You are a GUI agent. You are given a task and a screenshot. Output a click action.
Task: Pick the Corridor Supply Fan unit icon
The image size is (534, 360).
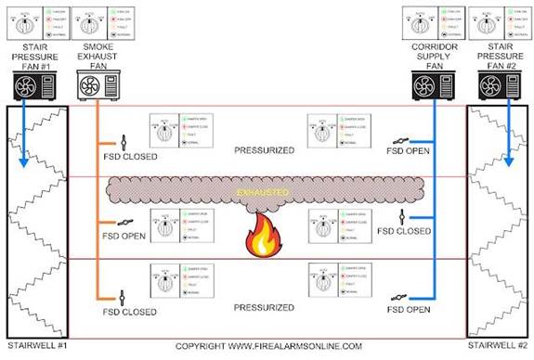(428, 86)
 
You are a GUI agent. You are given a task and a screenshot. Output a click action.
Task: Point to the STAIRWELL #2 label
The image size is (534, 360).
(500, 346)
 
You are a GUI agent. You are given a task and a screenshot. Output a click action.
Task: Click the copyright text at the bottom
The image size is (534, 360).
(269, 346)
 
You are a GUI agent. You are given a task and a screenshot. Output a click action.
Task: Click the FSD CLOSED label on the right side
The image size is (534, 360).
(410, 230)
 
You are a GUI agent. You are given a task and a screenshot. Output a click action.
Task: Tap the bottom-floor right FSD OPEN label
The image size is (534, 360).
(410, 309)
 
